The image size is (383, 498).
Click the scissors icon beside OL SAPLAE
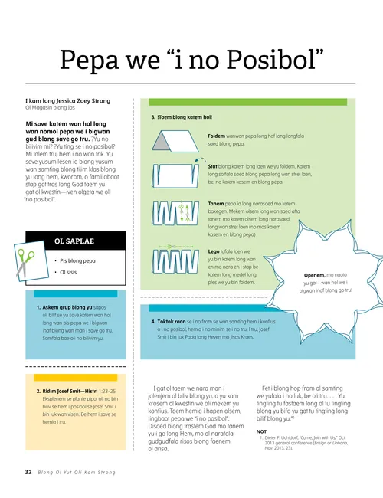(26, 262)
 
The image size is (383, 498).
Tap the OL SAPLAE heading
(74, 242)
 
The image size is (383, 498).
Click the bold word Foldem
(217, 135)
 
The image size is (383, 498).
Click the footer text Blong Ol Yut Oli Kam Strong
(76, 472)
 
